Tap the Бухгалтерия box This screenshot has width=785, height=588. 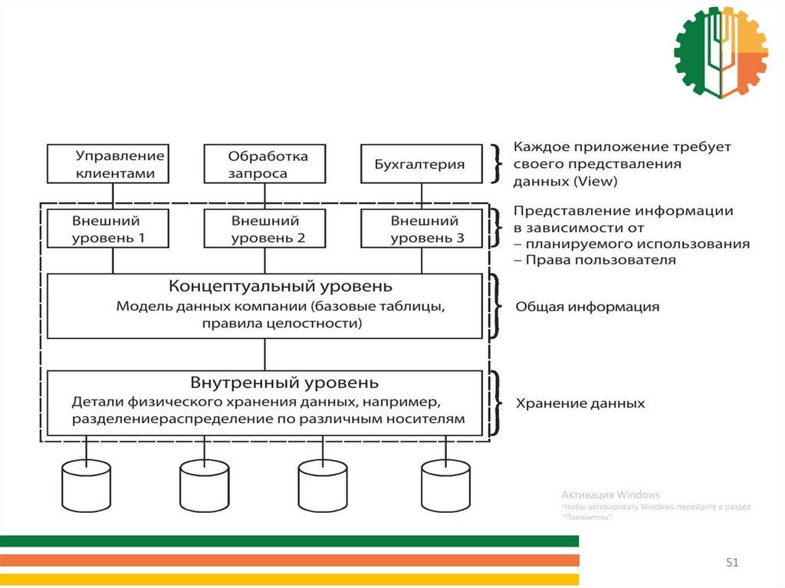tap(421, 164)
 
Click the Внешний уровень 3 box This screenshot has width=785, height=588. tap(421, 229)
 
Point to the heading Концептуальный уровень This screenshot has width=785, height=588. tap(280, 286)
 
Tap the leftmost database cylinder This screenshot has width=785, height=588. tap(86, 485)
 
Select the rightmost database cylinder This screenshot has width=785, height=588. tap(445, 485)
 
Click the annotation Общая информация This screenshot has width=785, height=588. tap(587, 307)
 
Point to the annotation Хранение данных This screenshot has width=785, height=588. tap(580, 403)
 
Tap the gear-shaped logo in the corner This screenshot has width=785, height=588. tap(721, 51)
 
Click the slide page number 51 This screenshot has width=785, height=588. tap(732, 563)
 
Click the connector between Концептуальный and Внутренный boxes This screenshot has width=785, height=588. tap(265, 354)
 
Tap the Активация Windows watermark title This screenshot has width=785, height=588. tap(610, 494)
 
